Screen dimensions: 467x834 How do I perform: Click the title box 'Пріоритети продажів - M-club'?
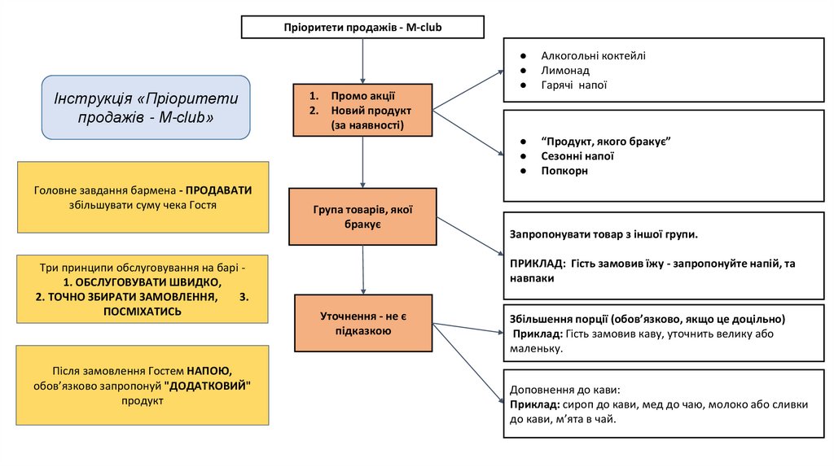point(362,27)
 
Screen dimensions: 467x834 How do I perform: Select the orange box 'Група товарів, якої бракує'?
point(362,216)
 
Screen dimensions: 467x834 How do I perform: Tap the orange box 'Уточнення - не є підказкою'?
point(362,323)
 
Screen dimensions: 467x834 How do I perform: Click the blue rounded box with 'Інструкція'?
point(146,107)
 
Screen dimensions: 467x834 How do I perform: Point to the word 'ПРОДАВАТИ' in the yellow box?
point(218,190)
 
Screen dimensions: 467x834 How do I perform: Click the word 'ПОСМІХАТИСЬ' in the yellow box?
point(143,311)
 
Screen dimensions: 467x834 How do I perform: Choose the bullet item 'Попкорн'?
point(564,171)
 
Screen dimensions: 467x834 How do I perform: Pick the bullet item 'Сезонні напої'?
point(577,156)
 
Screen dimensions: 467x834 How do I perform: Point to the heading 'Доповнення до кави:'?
point(565,389)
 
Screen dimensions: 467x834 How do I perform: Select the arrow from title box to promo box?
point(362,60)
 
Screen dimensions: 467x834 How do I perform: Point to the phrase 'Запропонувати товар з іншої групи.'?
point(604,233)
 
